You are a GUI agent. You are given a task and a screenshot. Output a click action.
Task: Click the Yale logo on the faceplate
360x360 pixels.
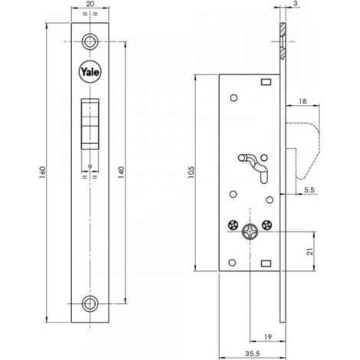[x=90, y=72]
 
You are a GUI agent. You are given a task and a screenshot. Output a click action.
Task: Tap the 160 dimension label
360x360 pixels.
[x=43, y=172]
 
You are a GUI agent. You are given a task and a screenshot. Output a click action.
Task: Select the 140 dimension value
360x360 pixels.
[x=121, y=172]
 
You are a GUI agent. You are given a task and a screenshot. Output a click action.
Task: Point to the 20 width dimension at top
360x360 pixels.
[x=90, y=4]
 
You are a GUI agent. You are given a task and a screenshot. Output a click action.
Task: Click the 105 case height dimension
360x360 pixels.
[x=191, y=172]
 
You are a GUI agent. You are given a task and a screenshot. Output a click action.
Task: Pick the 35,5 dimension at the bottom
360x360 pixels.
[x=252, y=354]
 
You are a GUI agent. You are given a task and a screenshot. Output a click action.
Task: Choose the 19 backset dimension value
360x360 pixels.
[x=267, y=337]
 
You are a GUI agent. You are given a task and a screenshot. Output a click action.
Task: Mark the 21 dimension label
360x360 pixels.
[x=310, y=251]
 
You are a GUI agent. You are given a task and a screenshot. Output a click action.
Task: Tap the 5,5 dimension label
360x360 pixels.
[x=309, y=190]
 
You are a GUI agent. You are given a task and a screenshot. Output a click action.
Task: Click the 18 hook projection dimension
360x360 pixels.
[x=303, y=101]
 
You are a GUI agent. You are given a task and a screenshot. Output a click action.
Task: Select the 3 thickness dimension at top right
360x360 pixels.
[x=296, y=4]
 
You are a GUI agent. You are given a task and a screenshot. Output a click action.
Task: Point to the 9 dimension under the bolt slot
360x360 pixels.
[x=90, y=167]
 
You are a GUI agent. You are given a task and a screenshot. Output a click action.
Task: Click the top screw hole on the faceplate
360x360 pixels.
[x=90, y=41]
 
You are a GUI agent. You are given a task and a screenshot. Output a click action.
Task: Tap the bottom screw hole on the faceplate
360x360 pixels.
[x=90, y=303]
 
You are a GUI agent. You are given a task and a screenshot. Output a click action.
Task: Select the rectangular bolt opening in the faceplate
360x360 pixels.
[x=90, y=124]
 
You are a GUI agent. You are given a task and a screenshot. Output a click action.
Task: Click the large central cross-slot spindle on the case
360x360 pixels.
[x=250, y=231]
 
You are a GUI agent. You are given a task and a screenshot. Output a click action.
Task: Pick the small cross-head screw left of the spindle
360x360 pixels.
[x=233, y=225]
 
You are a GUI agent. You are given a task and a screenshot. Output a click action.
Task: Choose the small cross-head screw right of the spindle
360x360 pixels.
[x=267, y=225]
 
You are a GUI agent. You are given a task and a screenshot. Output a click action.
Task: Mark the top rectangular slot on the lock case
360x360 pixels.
[x=266, y=82]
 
